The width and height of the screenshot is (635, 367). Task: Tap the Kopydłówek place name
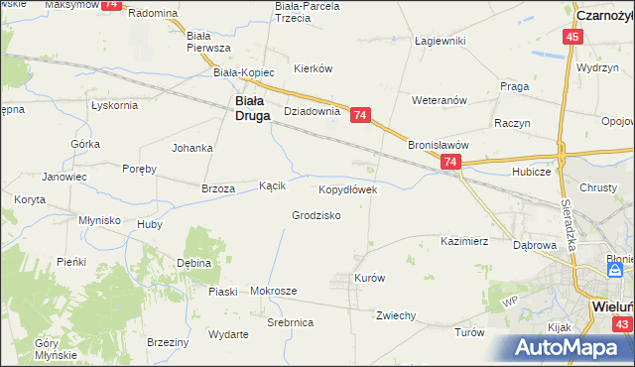(347, 188)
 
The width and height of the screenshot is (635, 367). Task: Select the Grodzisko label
(317, 215)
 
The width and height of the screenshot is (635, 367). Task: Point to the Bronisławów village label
(439, 144)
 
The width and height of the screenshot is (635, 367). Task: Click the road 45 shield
(571, 37)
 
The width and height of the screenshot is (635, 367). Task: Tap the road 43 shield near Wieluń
(621, 324)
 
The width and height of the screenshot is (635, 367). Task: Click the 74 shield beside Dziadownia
(360, 116)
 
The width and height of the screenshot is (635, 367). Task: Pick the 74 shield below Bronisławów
(450, 162)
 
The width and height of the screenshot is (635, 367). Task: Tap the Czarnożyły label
(604, 15)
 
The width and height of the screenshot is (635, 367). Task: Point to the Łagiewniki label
(440, 40)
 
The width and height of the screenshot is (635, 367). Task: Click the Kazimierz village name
(464, 241)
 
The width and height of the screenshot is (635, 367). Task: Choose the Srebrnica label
(291, 323)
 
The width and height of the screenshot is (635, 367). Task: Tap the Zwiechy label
(395, 315)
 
